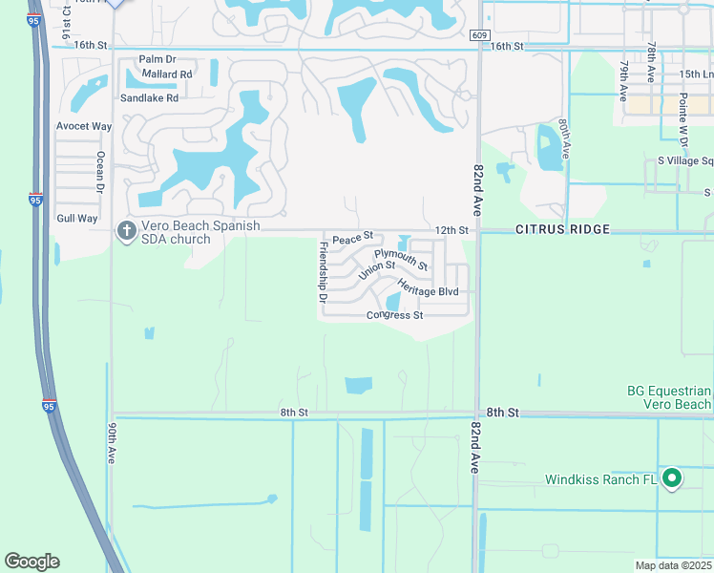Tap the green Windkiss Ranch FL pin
point(672,478)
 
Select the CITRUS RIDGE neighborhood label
point(560,230)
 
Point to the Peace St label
point(351,236)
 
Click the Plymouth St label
point(400,259)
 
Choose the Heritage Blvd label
point(428,289)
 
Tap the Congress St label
point(394,315)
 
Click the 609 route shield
point(479,35)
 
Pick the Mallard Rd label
point(167,74)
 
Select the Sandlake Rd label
point(149,97)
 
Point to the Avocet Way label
point(84,126)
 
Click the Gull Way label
point(76,219)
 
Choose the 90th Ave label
point(112,443)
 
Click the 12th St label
point(452,230)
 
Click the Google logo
point(31,562)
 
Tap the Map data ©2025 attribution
point(672,565)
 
